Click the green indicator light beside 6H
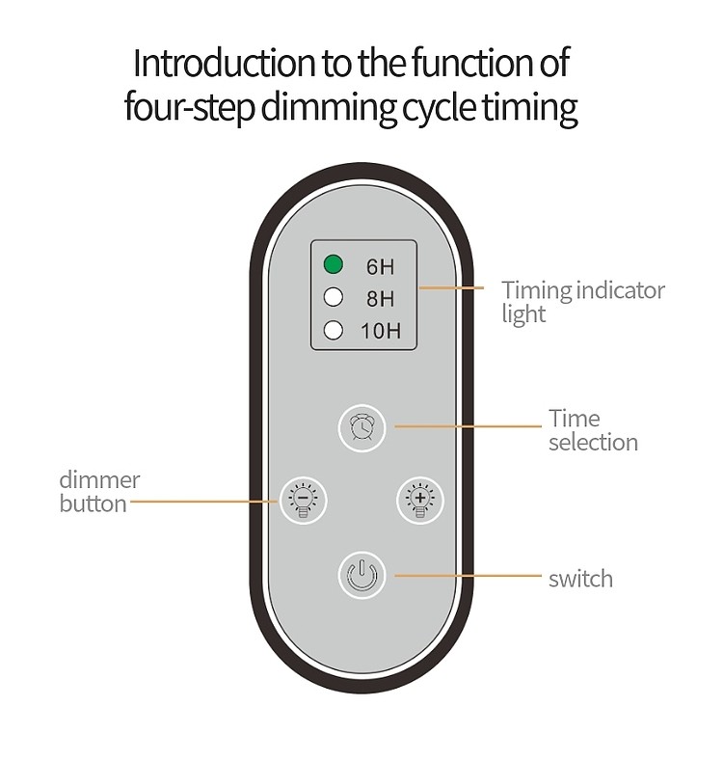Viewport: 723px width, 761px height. coord(334,264)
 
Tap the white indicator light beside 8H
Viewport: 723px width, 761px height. coord(334,298)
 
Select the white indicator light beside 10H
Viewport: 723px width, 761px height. coord(334,331)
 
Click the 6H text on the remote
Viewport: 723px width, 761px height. coord(380,266)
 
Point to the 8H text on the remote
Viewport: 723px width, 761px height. coord(380,299)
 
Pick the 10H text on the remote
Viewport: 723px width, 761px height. coord(380,332)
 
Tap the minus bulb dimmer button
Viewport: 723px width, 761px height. coord(303,500)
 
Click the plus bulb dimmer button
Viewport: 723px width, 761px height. coord(419,500)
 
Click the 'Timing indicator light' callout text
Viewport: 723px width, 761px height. coord(582,301)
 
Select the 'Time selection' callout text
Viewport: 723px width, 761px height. coord(593,430)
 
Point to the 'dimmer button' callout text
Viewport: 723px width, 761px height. coord(99,491)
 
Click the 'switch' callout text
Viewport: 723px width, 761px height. coord(580,579)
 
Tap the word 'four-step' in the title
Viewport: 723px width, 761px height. coord(188,108)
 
